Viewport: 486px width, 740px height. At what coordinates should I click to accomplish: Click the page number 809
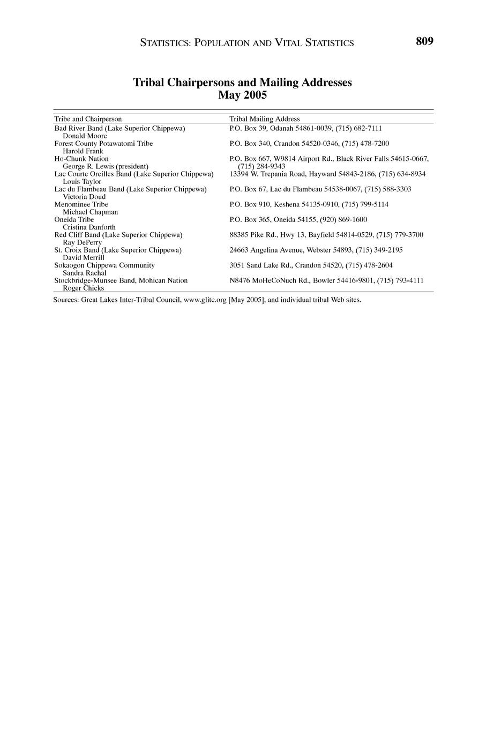pyautogui.click(x=424, y=41)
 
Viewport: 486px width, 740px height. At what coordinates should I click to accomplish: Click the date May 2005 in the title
pyautogui.click(x=242, y=95)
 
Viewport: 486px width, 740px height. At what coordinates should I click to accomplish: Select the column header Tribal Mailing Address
pyautogui.click(x=264, y=119)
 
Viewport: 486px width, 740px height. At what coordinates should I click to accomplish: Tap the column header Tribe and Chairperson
pyautogui.click(x=88, y=119)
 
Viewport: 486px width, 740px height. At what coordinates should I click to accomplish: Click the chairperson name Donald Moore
pyautogui.click(x=85, y=136)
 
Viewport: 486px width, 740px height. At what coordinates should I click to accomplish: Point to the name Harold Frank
pyautogui.click(x=83, y=151)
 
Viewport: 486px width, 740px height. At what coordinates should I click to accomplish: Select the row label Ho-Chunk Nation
pyautogui.click(x=81, y=159)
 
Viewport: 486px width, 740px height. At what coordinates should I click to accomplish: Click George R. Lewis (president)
pyautogui.click(x=106, y=166)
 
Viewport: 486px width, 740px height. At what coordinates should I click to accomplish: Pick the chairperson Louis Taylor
pyautogui.click(x=82, y=182)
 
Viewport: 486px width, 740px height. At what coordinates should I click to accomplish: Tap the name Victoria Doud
pyautogui.click(x=84, y=197)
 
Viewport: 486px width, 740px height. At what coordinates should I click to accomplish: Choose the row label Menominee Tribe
pyautogui.click(x=81, y=204)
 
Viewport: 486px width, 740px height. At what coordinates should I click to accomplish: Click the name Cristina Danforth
pyautogui.click(x=89, y=227)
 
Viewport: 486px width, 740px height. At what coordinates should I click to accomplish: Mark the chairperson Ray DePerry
pyautogui.click(x=82, y=242)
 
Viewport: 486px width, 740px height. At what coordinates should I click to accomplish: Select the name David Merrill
pyautogui.click(x=84, y=257)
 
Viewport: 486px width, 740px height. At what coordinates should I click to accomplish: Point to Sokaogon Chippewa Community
pyautogui.click(x=104, y=265)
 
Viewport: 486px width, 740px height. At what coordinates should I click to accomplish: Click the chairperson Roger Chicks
pyautogui.click(x=84, y=288)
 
